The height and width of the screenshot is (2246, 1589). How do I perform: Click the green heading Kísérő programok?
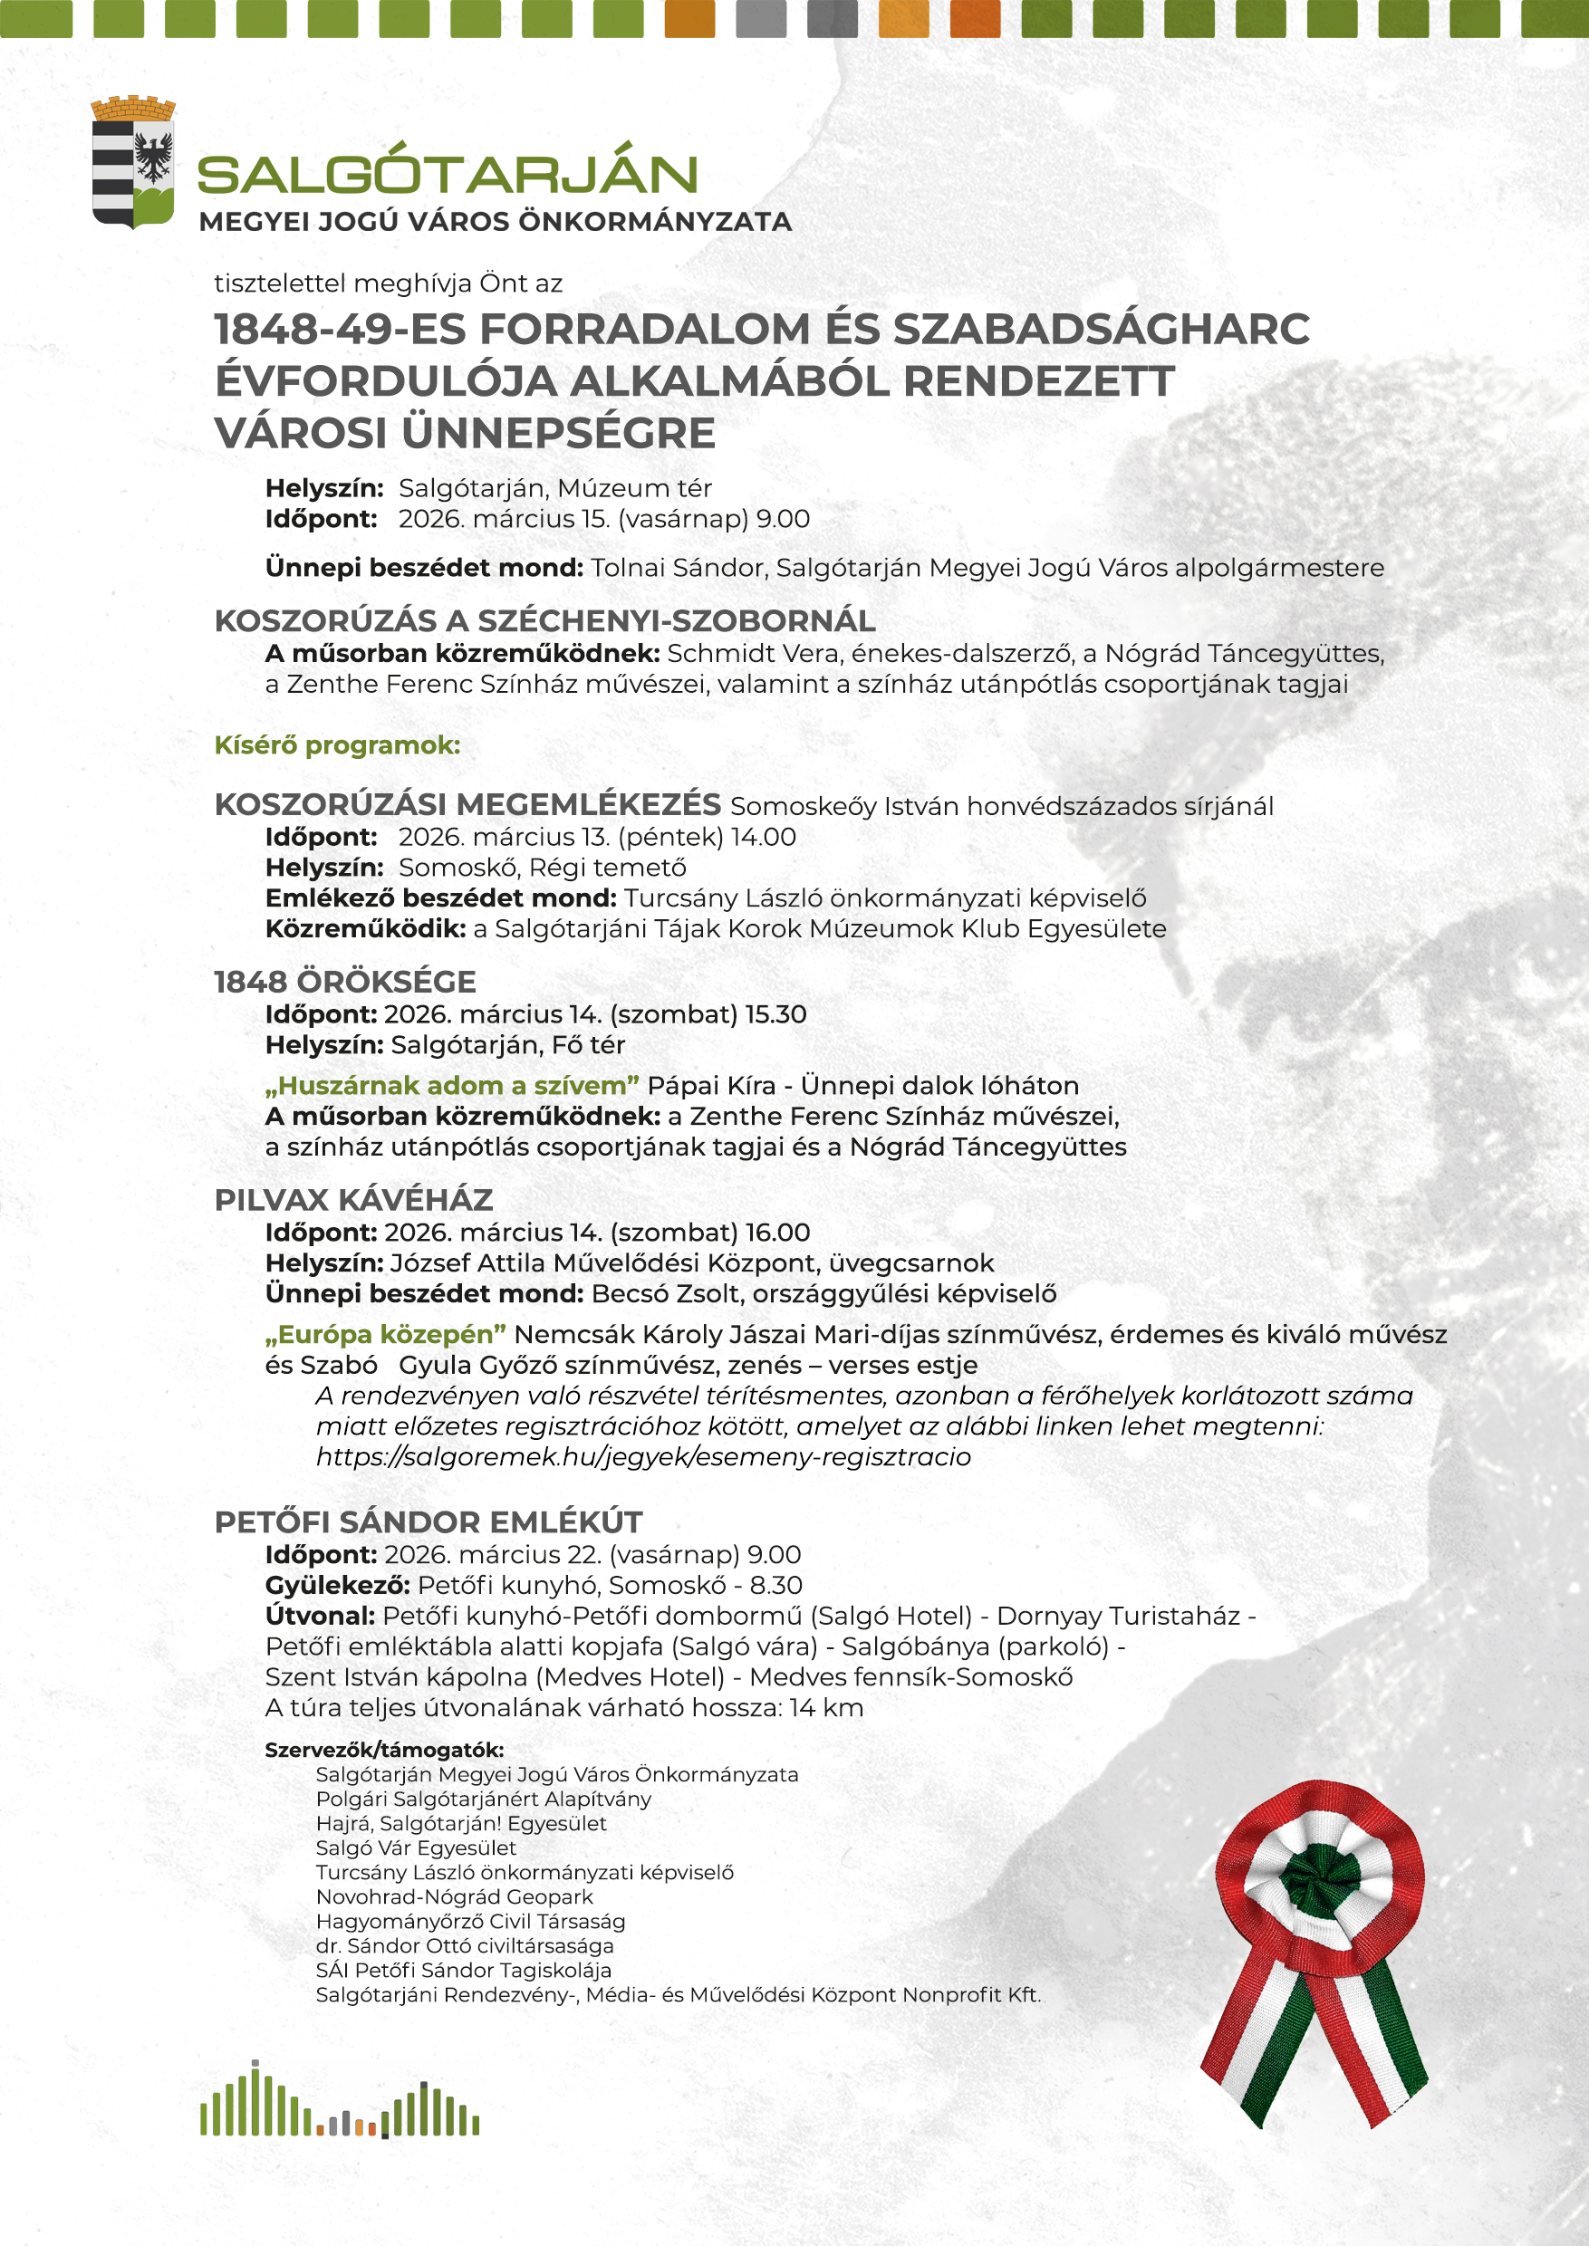[337, 745]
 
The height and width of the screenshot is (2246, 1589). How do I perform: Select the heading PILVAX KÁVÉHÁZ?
[353, 1200]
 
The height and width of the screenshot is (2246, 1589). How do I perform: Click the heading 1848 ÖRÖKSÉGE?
[344, 982]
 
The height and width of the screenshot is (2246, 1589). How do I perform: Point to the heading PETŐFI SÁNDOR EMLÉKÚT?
[428, 1523]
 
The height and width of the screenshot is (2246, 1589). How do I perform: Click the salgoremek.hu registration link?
[643, 1456]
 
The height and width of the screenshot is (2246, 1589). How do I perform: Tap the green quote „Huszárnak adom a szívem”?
[452, 1086]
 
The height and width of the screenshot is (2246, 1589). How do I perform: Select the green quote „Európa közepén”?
[386, 1334]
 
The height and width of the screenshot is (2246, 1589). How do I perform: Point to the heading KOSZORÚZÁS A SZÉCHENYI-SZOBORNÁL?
[544, 621]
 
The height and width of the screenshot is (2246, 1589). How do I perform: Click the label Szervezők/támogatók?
[383, 1750]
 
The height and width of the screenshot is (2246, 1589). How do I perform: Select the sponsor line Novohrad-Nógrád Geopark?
[454, 1896]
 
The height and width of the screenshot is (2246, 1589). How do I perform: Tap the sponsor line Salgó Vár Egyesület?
[416, 1848]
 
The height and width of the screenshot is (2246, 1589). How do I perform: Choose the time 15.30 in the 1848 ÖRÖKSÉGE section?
[775, 1014]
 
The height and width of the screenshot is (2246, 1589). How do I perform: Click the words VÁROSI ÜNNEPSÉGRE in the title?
[465, 434]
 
